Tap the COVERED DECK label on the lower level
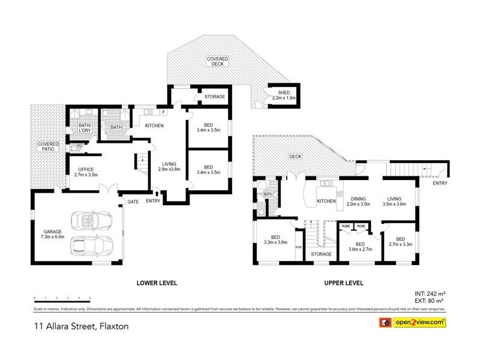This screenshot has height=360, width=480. click(217, 62)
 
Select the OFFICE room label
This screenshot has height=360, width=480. click(85, 170)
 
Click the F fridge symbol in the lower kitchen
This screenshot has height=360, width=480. click(163, 112)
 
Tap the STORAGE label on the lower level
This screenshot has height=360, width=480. click(214, 97)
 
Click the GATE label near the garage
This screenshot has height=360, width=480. click(133, 202)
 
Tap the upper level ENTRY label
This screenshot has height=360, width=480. click(439, 184)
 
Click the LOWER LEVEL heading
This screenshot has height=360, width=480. click(157, 283)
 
